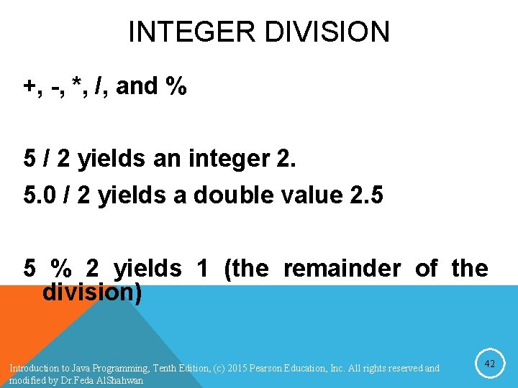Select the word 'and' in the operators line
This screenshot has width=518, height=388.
click(x=137, y=86)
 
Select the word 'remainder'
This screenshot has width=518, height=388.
click(x=342, y=269)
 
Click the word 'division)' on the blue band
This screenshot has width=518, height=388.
click(x=92, y=292)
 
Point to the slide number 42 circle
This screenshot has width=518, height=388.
click(x=489, y=364)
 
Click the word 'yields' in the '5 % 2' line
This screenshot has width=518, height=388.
click(x=147, y=269)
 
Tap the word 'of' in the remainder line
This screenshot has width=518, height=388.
click(x=426, y=269)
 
